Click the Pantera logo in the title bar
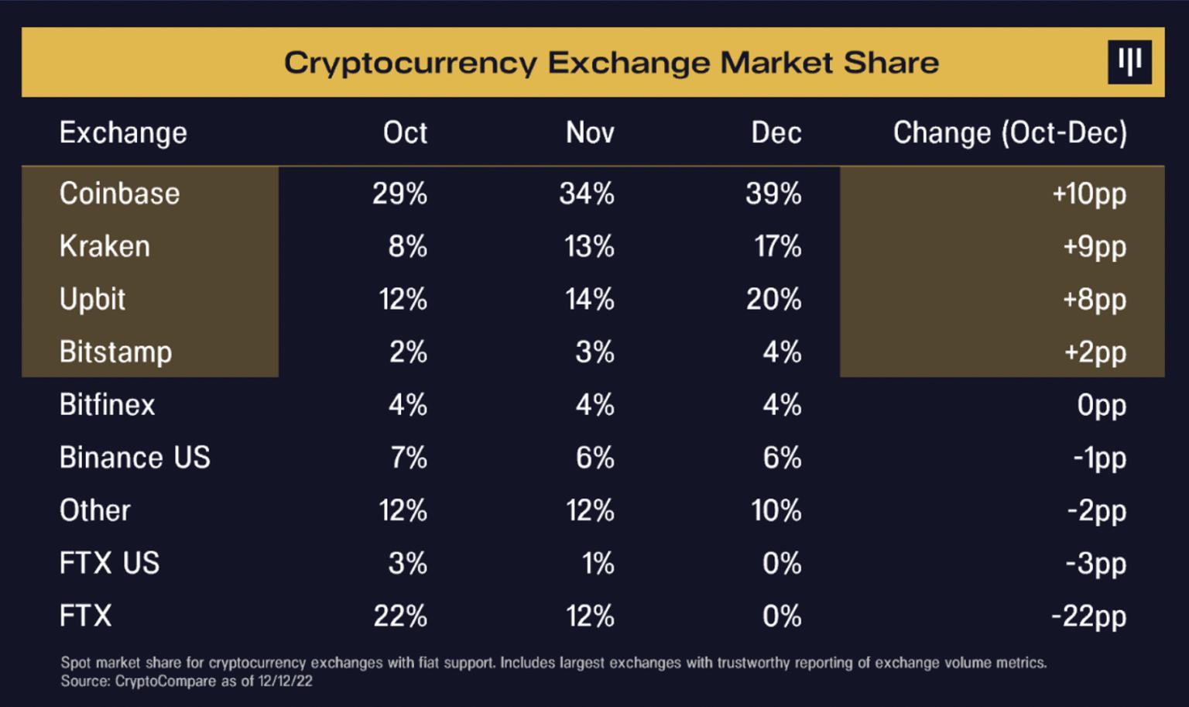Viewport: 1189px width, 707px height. coord(1129,62)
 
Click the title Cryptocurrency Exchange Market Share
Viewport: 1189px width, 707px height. coord(611,63)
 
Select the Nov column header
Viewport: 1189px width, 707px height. coord(590,133)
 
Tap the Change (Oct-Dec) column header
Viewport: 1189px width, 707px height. coord(1009,133)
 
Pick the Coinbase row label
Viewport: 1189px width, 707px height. coord(119,194)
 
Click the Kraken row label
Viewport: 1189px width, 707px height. coord(105,246)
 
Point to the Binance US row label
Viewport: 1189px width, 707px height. coord(135,458)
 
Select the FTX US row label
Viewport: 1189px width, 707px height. coord(109,563)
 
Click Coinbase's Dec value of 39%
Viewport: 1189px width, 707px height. coord(773,194)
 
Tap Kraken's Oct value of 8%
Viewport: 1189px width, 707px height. coord(407,246)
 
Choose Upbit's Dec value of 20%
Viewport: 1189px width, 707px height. coord(773,299)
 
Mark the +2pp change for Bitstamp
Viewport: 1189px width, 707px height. coord(1095,352)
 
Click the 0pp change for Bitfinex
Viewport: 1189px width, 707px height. coord(1101,405)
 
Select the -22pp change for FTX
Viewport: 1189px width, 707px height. coord(1088,616)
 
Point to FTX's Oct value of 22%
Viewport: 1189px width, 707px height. coord(399,616)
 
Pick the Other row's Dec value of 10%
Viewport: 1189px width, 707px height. coord(776,510)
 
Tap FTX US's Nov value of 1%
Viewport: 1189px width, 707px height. coord(598,563)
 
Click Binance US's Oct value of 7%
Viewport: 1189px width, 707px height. coord(408,458)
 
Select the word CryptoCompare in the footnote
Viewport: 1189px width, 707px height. coord(165,681)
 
